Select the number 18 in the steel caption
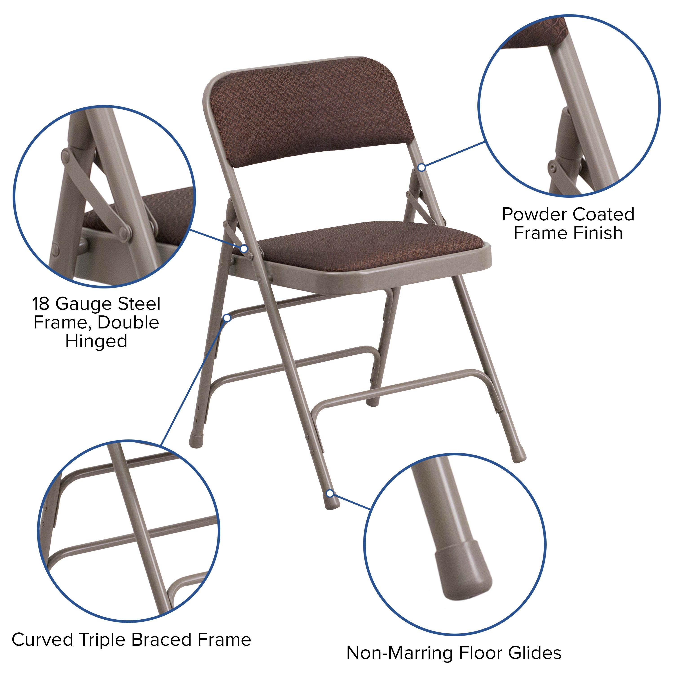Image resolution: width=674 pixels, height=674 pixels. (41, 304)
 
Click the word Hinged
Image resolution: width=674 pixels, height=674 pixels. (96, 341)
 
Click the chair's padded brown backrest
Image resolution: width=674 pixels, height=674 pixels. (310, 115)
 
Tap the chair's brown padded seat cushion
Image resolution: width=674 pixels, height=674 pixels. (370, 246)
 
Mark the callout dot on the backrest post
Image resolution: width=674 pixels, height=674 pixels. (421, 167)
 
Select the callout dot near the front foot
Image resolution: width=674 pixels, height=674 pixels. (330, 494)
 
